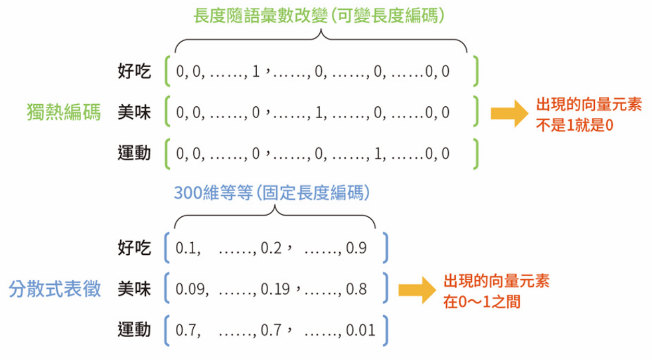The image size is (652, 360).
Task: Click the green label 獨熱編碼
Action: [x=64, y=113]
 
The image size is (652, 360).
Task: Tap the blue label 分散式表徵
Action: [x=55, y=289]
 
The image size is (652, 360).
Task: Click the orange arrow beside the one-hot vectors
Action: [x=509, y=113]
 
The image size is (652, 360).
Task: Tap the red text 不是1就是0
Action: [x=575, y=126]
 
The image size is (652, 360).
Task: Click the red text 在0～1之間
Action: [x=482, y=302]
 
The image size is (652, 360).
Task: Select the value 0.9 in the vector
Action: [x=356, y=248]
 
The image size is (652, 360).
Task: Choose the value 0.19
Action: [x=275, y=289]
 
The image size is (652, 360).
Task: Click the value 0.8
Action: [x=356, y=289]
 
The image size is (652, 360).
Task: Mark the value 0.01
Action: [x=360, y=330]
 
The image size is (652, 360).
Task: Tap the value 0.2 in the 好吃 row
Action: [x=271, y=248]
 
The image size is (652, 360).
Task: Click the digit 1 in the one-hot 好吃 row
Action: [x=255, y=71]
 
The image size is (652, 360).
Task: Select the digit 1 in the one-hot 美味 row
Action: [x=319, y=113]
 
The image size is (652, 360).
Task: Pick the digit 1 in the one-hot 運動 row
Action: [x=378, y=154]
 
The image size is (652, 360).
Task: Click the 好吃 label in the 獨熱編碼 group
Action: [x=134, y=71]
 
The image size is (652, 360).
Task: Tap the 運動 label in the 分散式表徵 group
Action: [x=134, y=330]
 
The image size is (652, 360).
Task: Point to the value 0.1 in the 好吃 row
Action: [x=185, y=248]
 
